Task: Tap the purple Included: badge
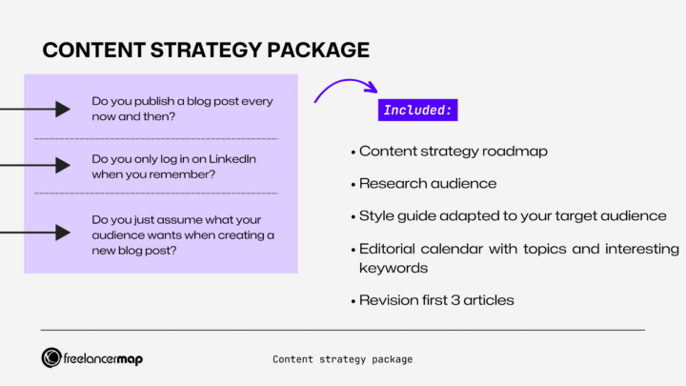pyautogui.click(x=417, y=110)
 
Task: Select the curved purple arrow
pyautogui.click(x=344, y=91)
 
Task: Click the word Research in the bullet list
pyautogui.click(x=390, y=183)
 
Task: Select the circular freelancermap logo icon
pyautogui.click(x=52, y=358)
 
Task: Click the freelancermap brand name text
pyautogui.click(x=105, y=358)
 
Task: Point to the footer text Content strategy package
pyautogui.click(x=342, y=359)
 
